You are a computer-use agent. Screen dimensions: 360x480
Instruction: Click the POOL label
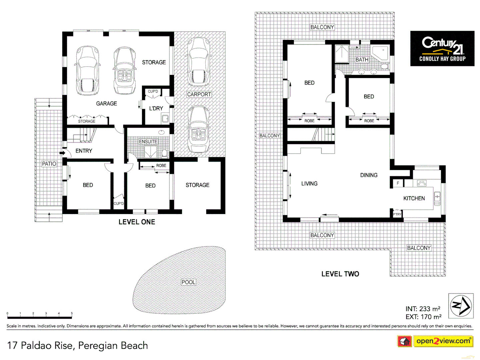pos(188,282)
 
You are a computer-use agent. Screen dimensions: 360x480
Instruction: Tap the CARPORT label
pos(199,94)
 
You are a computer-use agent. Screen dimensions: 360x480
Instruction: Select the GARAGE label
pos(106,104)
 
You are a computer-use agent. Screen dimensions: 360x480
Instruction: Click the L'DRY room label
pos(156,108)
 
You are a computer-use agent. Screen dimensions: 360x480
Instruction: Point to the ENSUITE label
pos(148,142)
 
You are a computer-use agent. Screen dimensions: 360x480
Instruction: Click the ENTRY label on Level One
pos(84,151)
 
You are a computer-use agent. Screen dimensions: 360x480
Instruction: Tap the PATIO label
pos(49,164)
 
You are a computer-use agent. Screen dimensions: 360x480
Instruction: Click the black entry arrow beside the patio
pos(62,153)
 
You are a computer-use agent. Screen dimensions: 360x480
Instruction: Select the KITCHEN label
pos(414,198)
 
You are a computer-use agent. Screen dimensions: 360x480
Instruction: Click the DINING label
pos(369,175)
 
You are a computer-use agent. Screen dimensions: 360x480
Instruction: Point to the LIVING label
pos(309,184)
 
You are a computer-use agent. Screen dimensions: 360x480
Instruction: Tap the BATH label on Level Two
pos(362,60)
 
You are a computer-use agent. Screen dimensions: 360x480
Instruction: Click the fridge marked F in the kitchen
pos(398,183)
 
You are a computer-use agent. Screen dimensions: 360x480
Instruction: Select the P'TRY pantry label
pos(397,214)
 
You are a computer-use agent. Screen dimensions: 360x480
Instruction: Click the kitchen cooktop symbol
pos(422,183)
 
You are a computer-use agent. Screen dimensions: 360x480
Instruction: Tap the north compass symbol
pos(461,306)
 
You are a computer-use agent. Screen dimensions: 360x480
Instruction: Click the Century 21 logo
pos(442,48)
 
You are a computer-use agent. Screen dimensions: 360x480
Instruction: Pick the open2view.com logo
pos(443,341)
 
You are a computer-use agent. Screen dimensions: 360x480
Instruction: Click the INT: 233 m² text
pos(423,309)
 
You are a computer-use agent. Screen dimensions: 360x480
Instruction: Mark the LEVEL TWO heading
pos(340,274)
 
